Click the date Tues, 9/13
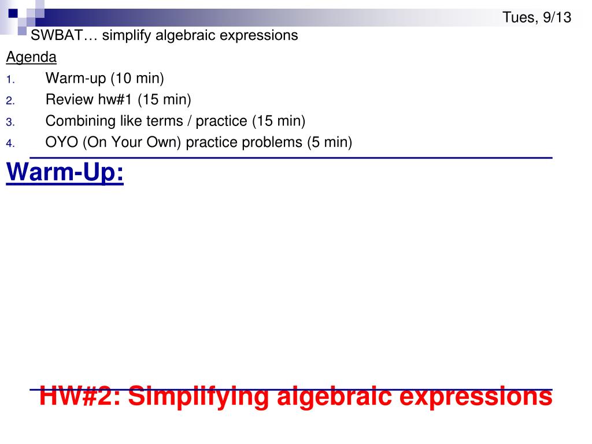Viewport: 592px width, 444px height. pos(536,18)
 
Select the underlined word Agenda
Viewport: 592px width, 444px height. pos(31,57)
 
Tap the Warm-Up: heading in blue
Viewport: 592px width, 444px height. pos(65,173)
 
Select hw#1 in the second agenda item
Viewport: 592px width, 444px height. pos(112,99)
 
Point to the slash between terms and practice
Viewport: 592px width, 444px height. pos(190,121)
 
